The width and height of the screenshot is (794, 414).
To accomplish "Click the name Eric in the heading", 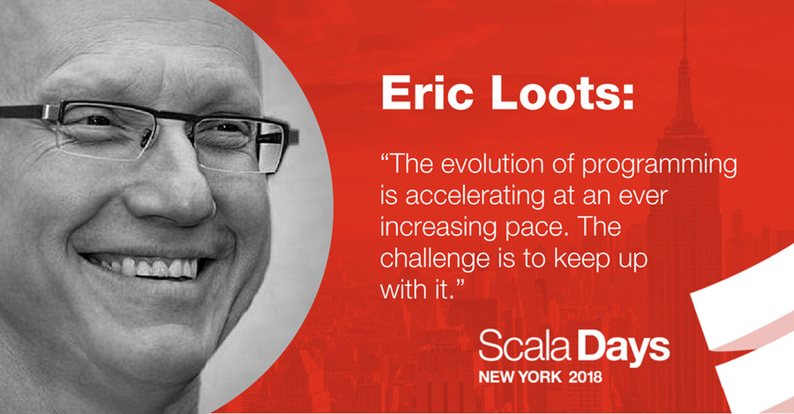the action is point(427,93).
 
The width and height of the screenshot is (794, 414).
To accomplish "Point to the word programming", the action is point(659,167).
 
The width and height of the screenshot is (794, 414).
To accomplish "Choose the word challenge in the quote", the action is point(437,259).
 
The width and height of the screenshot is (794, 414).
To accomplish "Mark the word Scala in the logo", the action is point(525,347).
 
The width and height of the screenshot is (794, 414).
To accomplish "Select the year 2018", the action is point(586,377).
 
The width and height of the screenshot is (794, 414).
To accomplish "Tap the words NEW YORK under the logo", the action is point(520,377).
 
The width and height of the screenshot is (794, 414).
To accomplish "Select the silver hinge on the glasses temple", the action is point(50,112).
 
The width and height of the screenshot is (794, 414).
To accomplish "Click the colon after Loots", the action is point(628,97).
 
